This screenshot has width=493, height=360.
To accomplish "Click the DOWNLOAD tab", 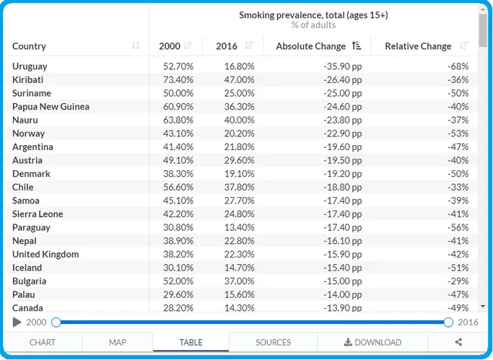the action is (372, 342).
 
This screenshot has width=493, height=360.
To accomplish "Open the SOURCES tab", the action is (274, 342).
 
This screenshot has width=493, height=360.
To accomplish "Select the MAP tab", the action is (117, 342).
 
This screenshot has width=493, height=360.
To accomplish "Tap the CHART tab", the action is (43, 342).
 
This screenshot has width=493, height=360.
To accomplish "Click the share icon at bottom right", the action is (458, 342).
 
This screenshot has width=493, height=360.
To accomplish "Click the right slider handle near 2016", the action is (448, 322).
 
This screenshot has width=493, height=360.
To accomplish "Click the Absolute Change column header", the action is (310, 46).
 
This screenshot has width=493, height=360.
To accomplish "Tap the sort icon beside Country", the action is (136, 46).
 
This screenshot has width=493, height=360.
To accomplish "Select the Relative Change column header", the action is (418, 46).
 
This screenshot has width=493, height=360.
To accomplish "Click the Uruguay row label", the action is (30, 66).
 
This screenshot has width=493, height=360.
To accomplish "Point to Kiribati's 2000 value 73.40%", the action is (178, 80).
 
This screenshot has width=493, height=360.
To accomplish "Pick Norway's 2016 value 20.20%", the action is (239, 133).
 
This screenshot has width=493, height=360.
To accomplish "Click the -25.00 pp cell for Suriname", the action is (343, 93).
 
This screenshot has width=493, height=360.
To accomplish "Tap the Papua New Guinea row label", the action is (51, 107).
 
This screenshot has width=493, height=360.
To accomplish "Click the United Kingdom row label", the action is (45, 255).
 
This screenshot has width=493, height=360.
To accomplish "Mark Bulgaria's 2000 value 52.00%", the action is (178, 281).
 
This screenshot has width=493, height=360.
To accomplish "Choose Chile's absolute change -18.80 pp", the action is (343, 188).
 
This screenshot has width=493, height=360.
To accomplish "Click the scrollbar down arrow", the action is (483, 307).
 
